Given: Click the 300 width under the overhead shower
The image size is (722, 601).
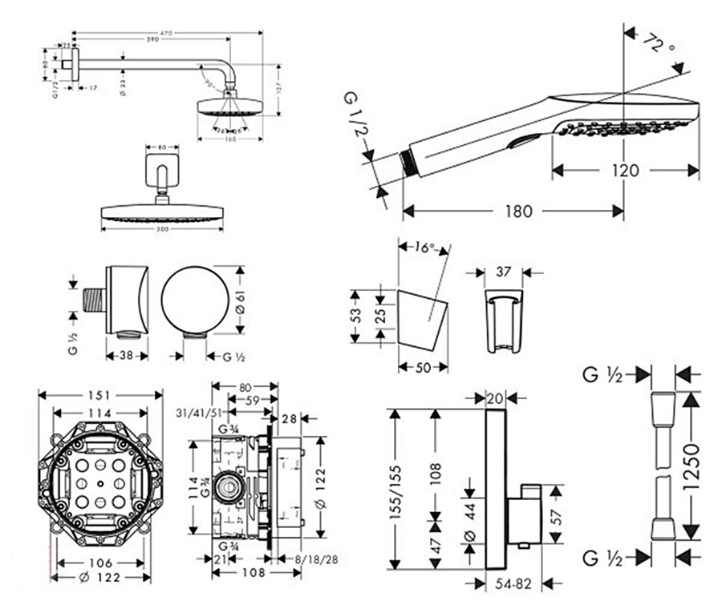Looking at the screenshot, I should click(163, 228).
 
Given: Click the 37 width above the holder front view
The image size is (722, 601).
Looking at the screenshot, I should click(504, 272).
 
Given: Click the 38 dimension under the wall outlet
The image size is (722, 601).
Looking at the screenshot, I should click(127, 356).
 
